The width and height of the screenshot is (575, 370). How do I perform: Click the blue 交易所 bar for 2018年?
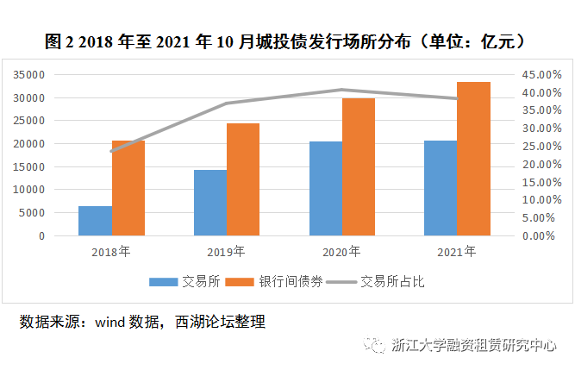95,221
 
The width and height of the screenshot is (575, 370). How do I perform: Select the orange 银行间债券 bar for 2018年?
128,188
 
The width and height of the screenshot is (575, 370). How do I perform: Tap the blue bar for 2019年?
210,203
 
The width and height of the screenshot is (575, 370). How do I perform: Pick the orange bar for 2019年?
243,179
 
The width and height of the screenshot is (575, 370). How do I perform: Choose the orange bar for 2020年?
359,166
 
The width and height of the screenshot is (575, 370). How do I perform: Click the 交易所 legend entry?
187,281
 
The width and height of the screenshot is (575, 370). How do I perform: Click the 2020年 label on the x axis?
341,252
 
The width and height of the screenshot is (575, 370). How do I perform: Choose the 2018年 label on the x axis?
111,252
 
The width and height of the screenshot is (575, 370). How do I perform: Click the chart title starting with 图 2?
286,41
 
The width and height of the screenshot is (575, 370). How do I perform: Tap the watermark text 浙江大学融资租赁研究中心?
474,346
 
